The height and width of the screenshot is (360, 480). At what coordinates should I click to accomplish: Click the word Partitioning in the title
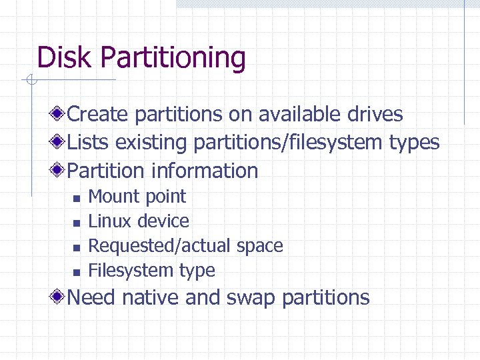(173, 59)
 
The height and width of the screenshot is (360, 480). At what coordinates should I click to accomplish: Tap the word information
(205, 171)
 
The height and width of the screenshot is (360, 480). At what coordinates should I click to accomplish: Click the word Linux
(109, 221)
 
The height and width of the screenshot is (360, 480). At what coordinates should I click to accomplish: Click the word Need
(92, 297)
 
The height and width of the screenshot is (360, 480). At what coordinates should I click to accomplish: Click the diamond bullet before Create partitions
(59, 114)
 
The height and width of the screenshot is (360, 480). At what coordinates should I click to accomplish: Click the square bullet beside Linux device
(76, 223)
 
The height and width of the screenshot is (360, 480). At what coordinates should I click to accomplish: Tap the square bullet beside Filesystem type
(76, 272)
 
